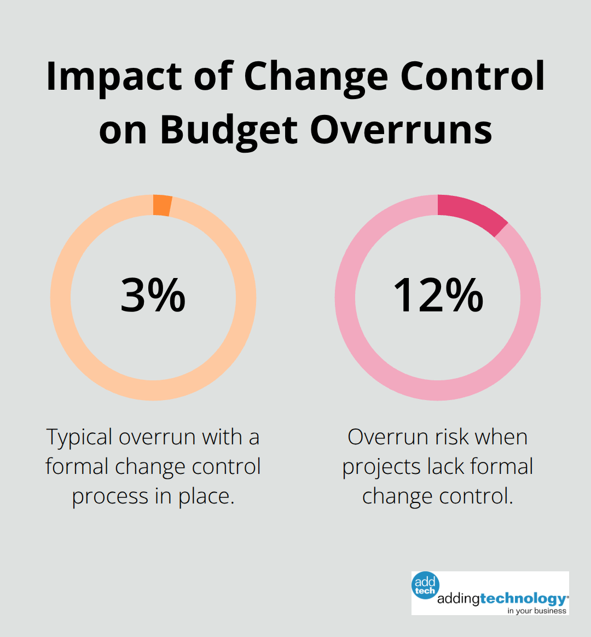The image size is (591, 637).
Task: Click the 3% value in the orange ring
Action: tap(153, 296)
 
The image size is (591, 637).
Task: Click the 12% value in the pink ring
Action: tap(438, 296)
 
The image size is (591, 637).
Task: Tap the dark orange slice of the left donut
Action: tap(163, 205)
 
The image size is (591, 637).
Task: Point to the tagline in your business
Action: tap(536, 611)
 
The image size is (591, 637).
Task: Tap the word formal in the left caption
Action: tap(77, 467)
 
